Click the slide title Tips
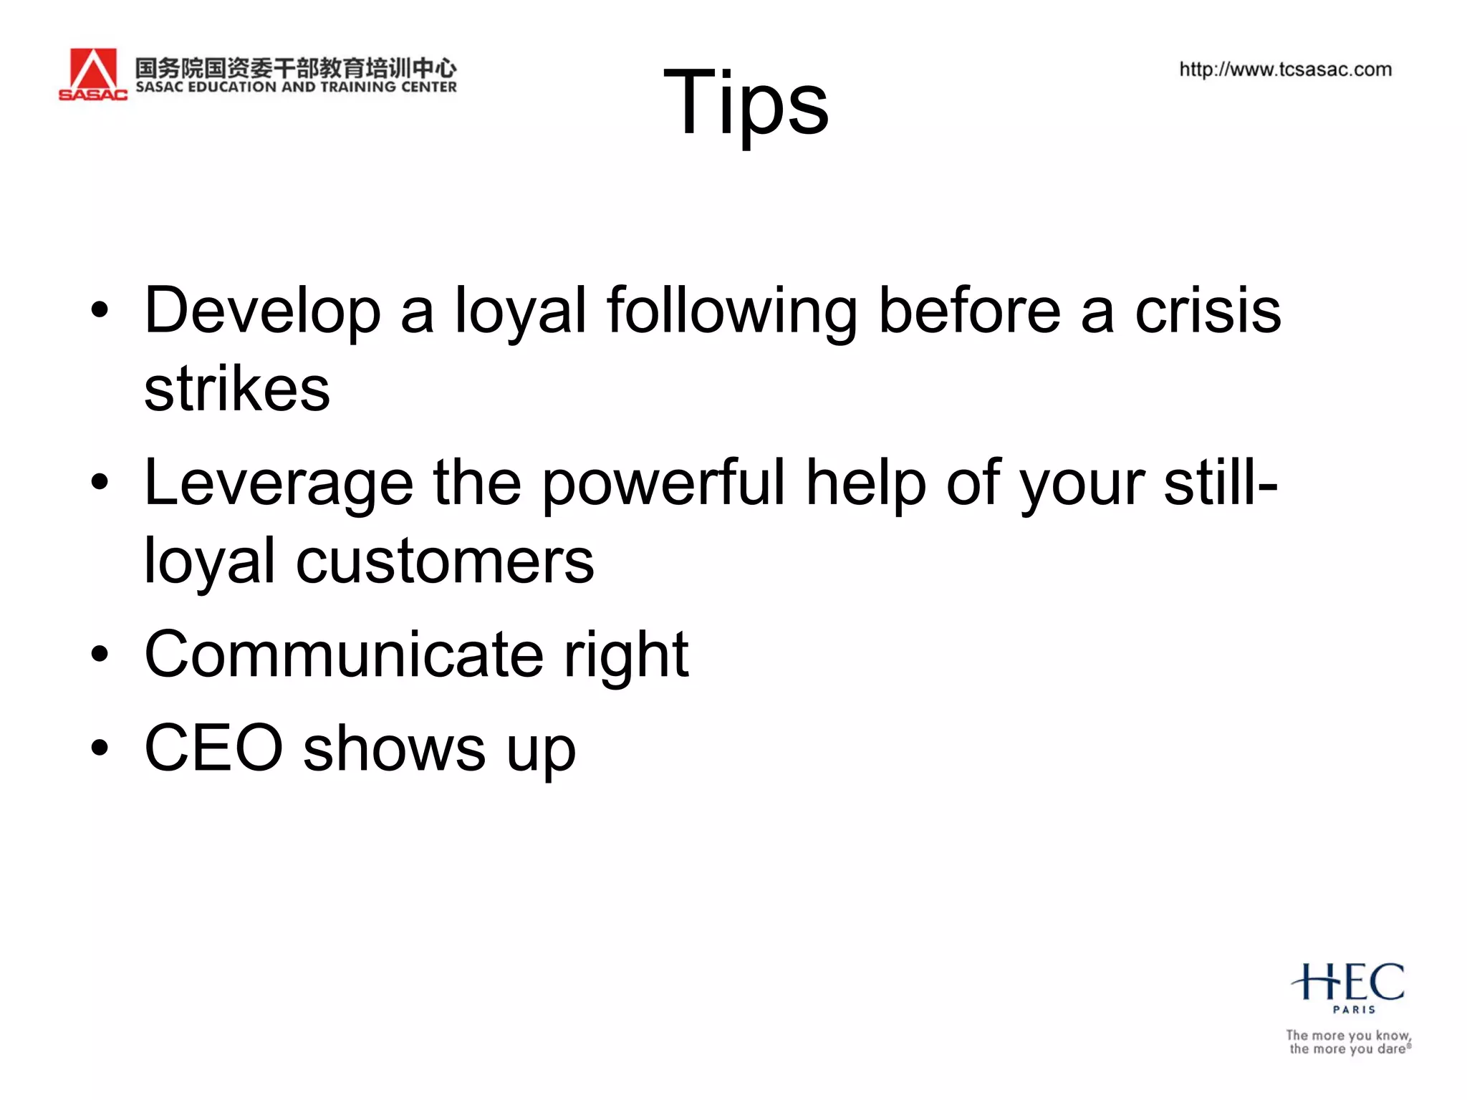point(746,102)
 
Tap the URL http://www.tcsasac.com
point(1285,69)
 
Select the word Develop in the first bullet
point(262,311)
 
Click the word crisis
point(1208,311)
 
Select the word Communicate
point(344,654)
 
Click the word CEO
point(213,748)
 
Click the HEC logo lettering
point(1348,982)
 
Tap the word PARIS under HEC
point(1354,1010)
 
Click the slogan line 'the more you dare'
point(1349,1049)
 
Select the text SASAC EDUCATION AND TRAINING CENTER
point(296,87)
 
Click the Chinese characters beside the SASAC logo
point(296,67)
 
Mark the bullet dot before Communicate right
point(100,654)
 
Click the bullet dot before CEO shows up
point(100,748)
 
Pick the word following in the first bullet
point(731,311)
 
